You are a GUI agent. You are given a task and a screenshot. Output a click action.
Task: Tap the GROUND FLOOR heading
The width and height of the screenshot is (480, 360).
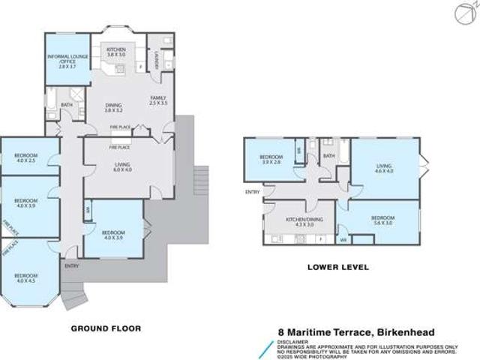105,328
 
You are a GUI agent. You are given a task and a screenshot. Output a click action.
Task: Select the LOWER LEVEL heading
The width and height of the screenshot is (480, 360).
337,266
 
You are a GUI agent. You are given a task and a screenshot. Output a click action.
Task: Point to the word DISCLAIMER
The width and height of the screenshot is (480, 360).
291,340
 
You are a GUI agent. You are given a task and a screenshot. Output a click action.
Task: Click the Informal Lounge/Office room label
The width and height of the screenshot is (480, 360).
67,61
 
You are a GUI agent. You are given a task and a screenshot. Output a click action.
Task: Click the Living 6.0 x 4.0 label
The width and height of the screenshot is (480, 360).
121,167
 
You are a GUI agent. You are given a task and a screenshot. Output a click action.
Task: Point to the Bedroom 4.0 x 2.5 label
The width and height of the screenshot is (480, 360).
25,157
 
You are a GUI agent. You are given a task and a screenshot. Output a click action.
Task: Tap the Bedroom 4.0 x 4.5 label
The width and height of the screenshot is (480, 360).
25,278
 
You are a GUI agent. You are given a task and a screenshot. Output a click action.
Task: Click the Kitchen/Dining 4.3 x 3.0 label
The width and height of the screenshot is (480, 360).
298,221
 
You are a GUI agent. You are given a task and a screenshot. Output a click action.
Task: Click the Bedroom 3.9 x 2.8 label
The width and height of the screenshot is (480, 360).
270,160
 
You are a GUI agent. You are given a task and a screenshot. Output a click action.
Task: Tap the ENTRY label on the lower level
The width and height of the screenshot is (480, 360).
252,192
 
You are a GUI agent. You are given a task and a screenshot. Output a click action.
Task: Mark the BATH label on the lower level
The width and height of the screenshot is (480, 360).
328,156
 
